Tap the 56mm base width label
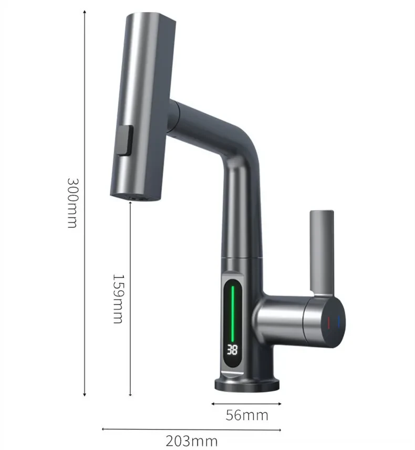tap(247, 415)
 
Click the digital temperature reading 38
tap(233, 349)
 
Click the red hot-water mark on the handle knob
tap(329, 321)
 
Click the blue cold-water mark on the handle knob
tap(340, 321)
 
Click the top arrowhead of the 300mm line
tap(85, 12)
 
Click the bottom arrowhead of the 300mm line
tap(85, 394)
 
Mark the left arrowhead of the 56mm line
tap(213, 404)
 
